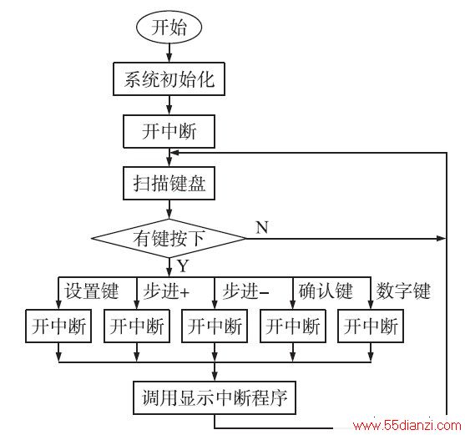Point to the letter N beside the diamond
point(262,227)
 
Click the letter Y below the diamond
point(183,266)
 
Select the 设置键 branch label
point(92,291)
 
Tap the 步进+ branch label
point(166,291)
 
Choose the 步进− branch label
point(245,291)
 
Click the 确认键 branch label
point(326,291)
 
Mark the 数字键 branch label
point(403,291)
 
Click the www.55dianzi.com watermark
point(407,426)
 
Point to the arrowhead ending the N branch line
point(442,238)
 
